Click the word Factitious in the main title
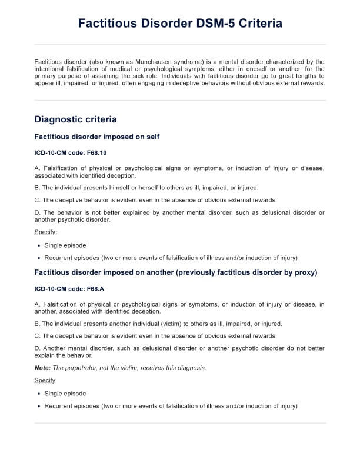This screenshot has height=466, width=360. coord(108,24)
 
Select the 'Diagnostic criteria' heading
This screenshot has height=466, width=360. coord(75,119)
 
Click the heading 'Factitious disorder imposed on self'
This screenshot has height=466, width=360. coord(97,137)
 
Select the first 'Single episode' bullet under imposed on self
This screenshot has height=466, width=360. coord(65,245)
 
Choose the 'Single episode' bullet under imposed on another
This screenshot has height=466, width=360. coord(65,394)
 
